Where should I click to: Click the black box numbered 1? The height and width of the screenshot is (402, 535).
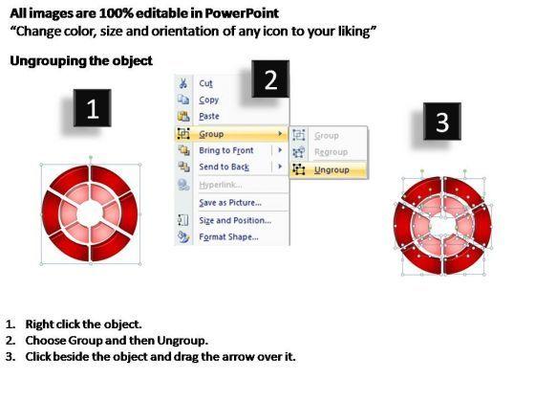92,108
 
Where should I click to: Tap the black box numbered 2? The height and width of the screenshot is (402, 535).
270,78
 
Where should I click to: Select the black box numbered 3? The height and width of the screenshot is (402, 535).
442,121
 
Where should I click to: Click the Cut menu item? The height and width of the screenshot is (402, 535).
205,83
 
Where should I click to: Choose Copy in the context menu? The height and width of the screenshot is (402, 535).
209,100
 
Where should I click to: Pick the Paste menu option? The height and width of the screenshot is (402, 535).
209,116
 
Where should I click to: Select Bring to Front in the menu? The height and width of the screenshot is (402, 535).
226,150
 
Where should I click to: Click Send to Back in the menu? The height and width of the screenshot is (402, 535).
225,167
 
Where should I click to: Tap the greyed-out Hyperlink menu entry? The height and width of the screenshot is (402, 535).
221,185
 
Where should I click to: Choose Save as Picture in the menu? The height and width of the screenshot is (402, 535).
230,203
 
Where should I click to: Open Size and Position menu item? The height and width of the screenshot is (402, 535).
235,220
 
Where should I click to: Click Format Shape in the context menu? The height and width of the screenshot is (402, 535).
228,237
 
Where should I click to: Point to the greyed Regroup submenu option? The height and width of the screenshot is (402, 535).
331,152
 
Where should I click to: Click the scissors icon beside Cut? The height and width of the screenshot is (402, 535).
183,83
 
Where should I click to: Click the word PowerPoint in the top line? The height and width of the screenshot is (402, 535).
242,13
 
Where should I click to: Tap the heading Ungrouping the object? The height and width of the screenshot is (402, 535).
81,61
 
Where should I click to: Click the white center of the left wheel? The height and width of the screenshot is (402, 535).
90,213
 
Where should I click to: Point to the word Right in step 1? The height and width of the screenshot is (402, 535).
39,324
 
